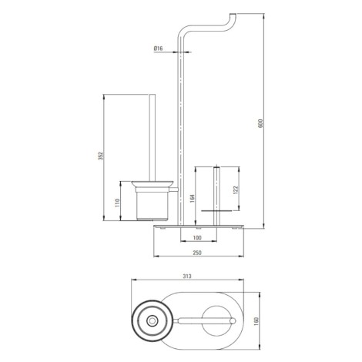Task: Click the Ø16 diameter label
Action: coord(158,49)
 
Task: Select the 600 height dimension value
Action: coord(260,123)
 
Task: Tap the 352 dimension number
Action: coord(101,156)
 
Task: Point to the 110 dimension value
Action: coord(117,203)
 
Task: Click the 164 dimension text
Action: coord(193,198)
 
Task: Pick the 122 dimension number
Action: coord(236,190)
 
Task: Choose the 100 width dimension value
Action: coord(197,238)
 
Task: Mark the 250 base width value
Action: coord(197,253)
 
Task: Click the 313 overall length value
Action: coord(187,277)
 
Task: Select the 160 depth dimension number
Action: coord(256,320)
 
